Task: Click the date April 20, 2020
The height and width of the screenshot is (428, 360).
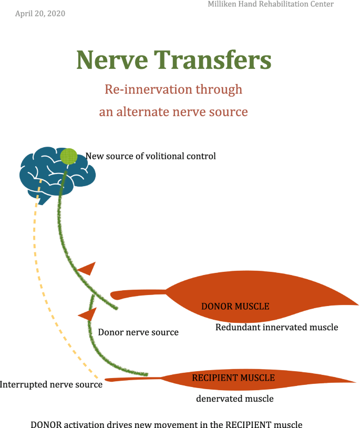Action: (40, 14)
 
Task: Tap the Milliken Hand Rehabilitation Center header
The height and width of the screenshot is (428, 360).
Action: (271, 4)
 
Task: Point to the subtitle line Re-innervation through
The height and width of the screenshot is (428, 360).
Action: (173, 89)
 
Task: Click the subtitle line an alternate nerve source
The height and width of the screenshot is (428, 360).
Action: (173, 111)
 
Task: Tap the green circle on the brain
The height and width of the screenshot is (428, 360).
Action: (68, 156)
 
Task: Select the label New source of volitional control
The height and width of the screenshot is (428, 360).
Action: (150, 156)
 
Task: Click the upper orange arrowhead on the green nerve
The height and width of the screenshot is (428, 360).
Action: (88, 269)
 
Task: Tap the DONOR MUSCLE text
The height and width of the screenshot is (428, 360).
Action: (235, 306)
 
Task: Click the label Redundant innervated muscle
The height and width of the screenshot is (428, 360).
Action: (276, 327)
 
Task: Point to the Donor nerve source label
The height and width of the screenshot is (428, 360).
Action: (138, 332)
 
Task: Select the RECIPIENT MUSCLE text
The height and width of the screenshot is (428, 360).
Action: (233, 378)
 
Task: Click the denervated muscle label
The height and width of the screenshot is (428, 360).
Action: (234, 399)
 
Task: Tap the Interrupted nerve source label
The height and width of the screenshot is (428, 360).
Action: (51, 385)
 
